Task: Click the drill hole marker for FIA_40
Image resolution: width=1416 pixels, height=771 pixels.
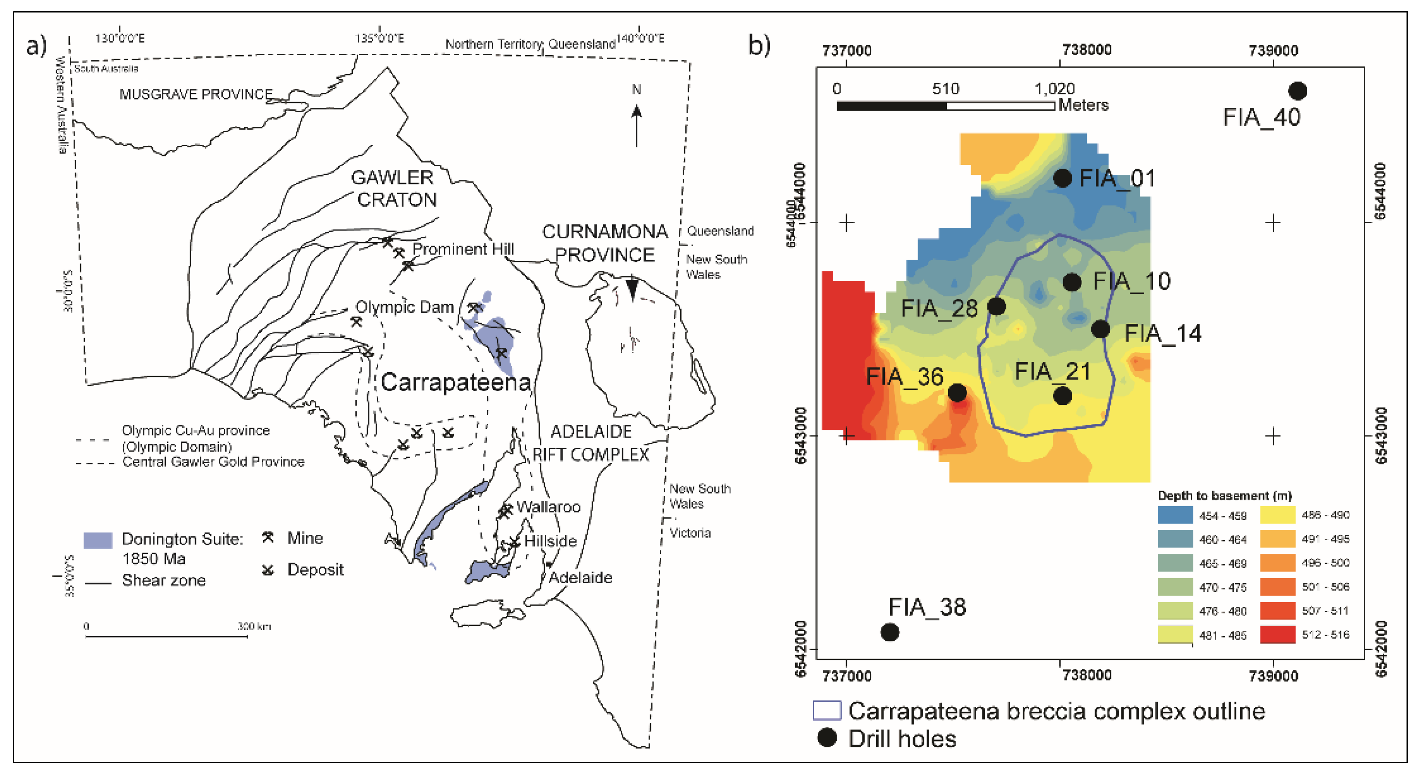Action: pyautogui.click(x=1297, y=91)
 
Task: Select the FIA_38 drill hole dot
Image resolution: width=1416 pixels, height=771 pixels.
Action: pyautogui.click(x=890, y=632)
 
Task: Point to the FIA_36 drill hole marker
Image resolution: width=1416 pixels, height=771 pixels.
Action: pyautogui.click(x=957, y=392)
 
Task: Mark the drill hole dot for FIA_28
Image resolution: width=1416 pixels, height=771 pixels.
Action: pyautogui.click(x=996, y=306)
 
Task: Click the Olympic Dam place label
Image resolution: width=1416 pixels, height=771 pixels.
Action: pyautogui.click(x=404, y=307)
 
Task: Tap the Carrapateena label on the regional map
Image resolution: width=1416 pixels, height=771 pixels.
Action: pyautogui.click(x=456, y=382)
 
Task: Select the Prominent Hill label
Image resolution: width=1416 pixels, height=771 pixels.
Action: pyautogui.click(x=463, y=249)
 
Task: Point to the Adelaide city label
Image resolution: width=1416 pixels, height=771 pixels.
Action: pyautogui.click(x=580, y=577)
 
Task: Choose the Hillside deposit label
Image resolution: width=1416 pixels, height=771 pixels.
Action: pyautogui.click(x=550, y=541)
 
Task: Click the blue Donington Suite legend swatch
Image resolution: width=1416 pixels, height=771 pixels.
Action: pyautogui.click(x=98, y=540)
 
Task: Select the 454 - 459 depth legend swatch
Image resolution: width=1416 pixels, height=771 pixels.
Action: pyautogui.click(x=1175, y=515)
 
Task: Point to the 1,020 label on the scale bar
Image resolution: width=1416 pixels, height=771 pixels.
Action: pyautogui.click(x=1054, y=88)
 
